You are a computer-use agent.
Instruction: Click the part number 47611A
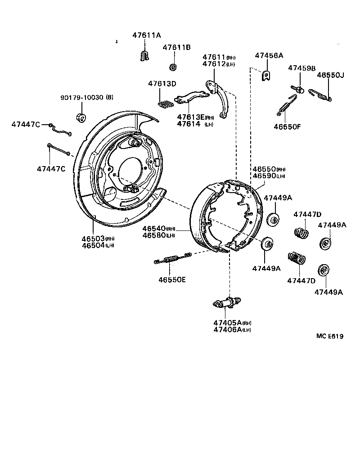(x=146, y=35)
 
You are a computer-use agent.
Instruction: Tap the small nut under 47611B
(x=173, y=68)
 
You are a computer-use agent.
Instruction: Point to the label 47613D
(x=162, y=83)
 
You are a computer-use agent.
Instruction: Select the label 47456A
(x=269, y=55)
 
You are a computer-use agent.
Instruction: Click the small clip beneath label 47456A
(x=266, y=76)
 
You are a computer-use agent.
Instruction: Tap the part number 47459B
(x=302, y=68)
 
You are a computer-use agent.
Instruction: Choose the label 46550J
(x=330, y=75)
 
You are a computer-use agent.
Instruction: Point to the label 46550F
(x=287, y=126)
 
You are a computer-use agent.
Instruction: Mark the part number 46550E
(x=171, y=279)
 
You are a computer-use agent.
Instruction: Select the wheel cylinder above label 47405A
(x=227, y=303)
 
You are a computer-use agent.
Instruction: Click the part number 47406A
(x=228, y=330)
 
